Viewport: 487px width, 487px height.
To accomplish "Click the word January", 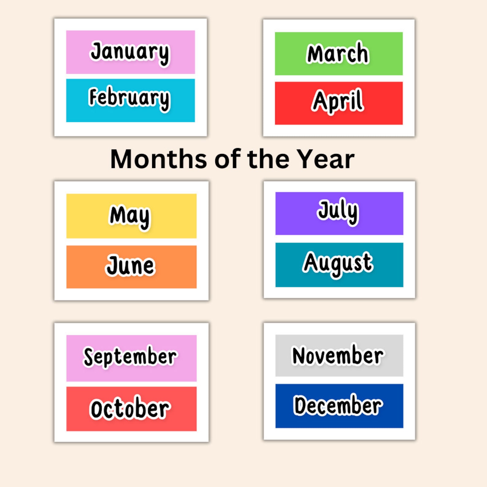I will click(130, 52).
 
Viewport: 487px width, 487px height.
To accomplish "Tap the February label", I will click(129, 98).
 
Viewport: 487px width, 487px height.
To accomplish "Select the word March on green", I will click(338, 53).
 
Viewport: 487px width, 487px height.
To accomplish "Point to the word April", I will click(338, 101).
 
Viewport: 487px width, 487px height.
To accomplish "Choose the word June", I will click(130, 266).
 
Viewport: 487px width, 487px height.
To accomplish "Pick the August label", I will click(338, 263).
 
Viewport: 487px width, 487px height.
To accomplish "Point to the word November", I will click(338, 355).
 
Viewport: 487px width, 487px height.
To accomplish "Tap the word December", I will click(338, 405).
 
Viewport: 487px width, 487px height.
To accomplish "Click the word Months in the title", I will click(158, 159).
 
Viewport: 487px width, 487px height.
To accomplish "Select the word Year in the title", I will click(326, 159).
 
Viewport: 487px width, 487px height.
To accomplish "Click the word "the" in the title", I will click(268, 159).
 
